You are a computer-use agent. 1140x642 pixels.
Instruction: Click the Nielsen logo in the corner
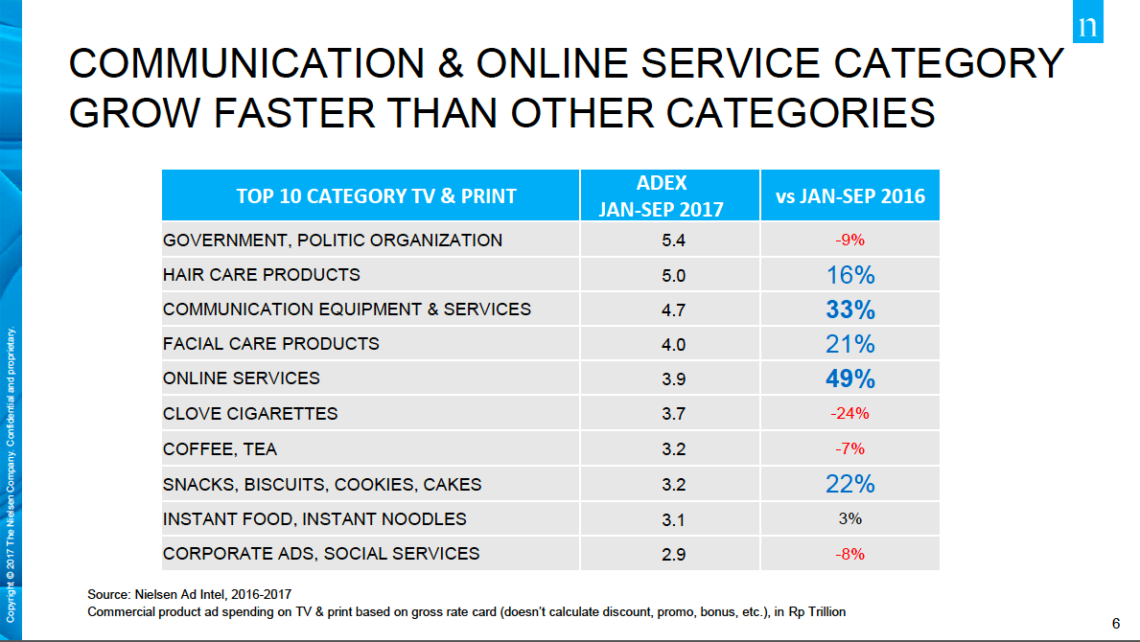pyautogui.click(x=1086, y=26)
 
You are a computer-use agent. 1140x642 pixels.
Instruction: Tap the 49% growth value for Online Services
pyautogui.click(x=849, y=378)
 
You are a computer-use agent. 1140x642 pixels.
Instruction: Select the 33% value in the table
pyautogui.click(x=849, y=310)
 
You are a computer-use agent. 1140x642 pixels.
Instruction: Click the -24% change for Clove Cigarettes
pyautogui.click(x=849, y=414)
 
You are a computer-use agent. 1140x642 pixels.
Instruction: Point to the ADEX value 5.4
pyautogui.click(x=674, y=240)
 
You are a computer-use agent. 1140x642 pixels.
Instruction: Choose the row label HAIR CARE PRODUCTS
pyautogui.click(x=262, y=275)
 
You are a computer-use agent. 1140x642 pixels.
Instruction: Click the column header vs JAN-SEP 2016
pyautogui.click(x=849, y=195)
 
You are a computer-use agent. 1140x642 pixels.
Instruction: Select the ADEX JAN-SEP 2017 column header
pyautogui.click(x=661, y=195)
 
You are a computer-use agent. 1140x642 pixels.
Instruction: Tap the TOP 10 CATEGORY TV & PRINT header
pyautogui.click(x=376, y=195)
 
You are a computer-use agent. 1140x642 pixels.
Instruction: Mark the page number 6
pyautogui.click(x=1115, y=624)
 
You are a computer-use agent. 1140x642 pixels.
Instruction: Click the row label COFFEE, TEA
pyautogui.click(x=220, y=448)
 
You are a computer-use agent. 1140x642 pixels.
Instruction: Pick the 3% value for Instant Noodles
pyautogui.click(x=849, y=518)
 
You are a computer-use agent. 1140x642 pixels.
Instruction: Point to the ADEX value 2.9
pyautogui.click(x=674, y=553)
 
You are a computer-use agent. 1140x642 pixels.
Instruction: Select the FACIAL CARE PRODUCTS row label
pyautogui.click(x=271, y=344)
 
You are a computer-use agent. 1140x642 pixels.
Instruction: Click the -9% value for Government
pyautogui.click(x=849, y=240)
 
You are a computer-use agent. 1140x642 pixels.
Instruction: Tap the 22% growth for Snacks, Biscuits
pyautogui.click(x=849, y=484)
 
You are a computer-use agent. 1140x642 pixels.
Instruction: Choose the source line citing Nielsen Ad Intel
pyautogui.click(x=196, y=595)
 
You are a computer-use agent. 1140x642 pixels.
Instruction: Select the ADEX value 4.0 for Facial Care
pyautogui.click(x=674, y=344)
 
